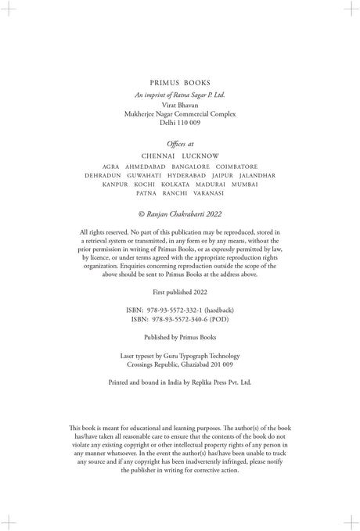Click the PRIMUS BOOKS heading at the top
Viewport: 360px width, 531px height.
[x=180, y=81]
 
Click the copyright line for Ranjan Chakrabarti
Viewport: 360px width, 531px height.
[x=180, y=213]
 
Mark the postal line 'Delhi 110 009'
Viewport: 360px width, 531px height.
[x=180, y=123]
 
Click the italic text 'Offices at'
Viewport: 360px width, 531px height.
[x=180, y=143]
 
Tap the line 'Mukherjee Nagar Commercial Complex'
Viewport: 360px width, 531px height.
[x=180, y=114]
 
